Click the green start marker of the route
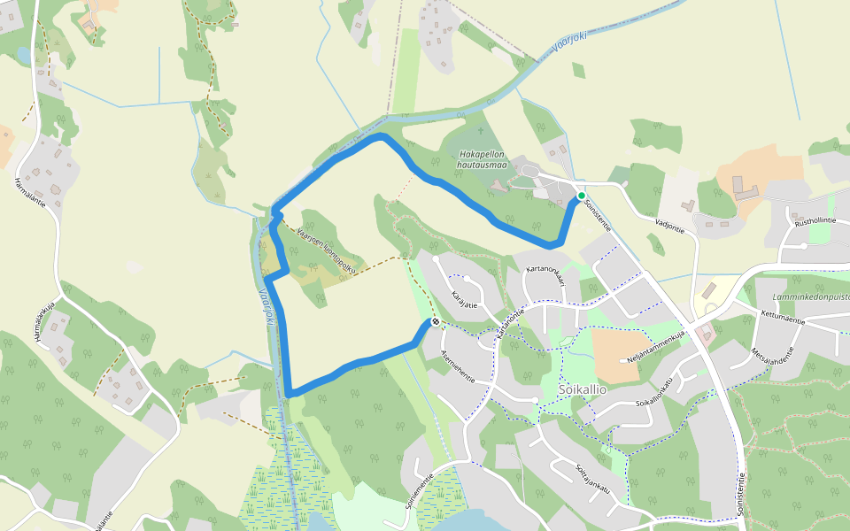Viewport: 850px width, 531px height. [x=581, y=196]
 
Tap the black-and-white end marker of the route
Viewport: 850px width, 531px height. [x=435, y=322]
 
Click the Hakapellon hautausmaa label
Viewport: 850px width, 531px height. [x=481, y=158]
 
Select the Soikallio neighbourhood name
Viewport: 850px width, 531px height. [x=582, y=389]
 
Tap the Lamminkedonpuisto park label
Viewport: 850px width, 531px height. [x=809, y=297]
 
